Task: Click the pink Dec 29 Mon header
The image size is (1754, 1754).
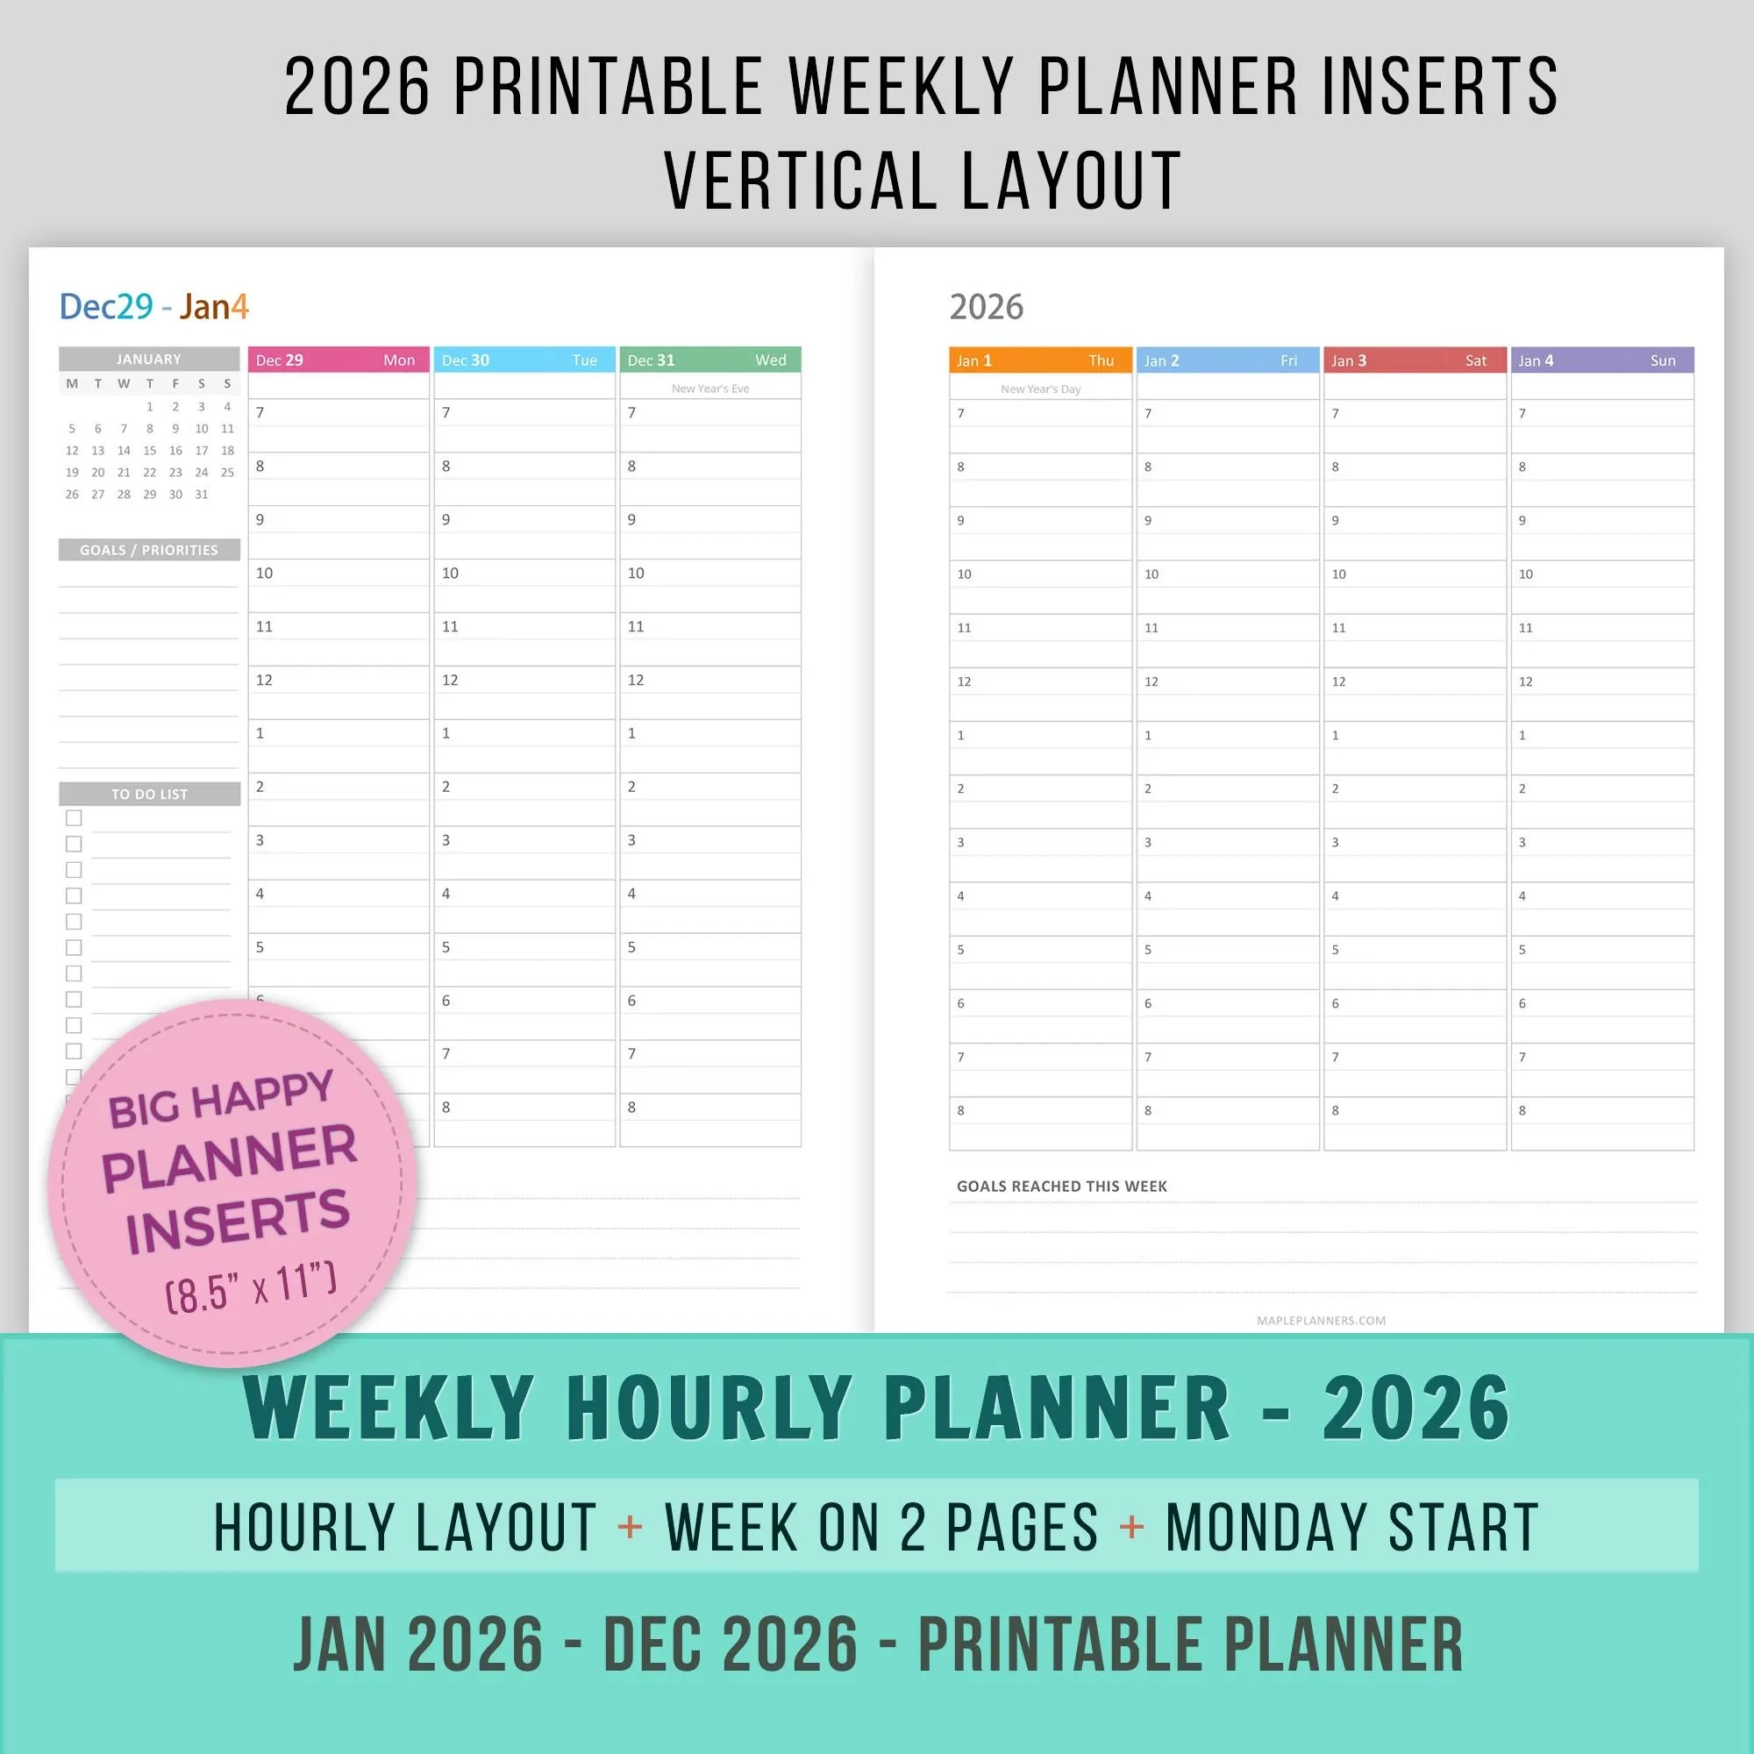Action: [x=338, y=360]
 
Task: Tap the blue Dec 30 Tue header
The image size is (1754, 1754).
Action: [x=524, y=360]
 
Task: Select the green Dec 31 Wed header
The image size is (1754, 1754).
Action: [x=710, y=360]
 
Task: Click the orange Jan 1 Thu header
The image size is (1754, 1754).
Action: [x=1040, y=360]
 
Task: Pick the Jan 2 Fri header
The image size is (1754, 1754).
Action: [x=1227, y=360]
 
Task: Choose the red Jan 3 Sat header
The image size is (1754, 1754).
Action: [x=1415, y=360]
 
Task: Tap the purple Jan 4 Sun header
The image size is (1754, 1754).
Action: [x=1601, y=360]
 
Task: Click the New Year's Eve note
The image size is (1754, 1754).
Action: [x=710, y=389]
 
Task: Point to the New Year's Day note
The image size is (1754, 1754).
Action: [x=1040, y=389]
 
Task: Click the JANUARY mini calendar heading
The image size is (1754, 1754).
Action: [x=149, y=360]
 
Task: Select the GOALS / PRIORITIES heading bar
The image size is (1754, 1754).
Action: [x=149, y=550]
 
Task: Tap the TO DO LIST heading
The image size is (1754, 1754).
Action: [x=149, y=795]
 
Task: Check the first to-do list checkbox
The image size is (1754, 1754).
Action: [x=74, y=818]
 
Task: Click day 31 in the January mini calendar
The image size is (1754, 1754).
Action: [x=202, y=495]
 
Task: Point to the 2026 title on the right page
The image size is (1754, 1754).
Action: [x=986, y=308]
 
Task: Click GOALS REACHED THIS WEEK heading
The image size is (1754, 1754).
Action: [x=1061, y=1187]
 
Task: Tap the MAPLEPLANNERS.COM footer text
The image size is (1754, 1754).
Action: [x=1321, y=1321]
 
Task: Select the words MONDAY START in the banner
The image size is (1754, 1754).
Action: [x=1351, y=1528]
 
